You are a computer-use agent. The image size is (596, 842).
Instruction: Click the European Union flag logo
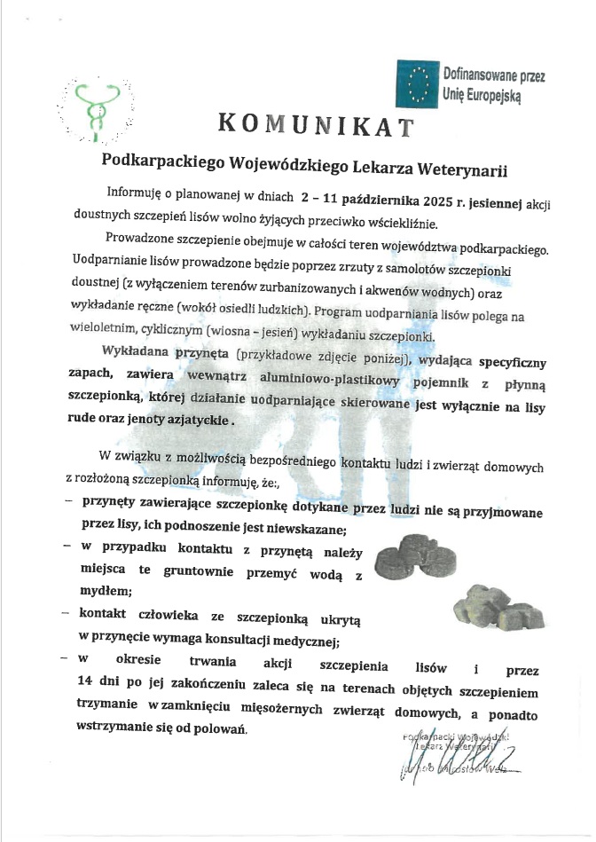coord(417,83)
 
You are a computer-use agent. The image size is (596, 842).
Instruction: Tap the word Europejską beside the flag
coord(485,92)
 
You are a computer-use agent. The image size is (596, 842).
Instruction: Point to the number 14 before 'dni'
coord(88,681)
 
